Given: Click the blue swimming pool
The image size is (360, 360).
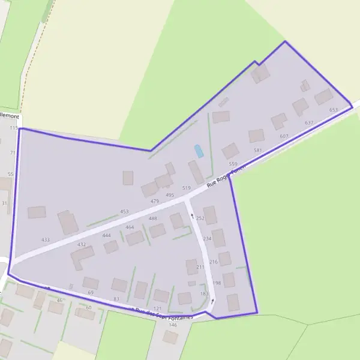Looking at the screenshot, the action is (199, 151).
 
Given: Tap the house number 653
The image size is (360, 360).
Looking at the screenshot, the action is (334, 110).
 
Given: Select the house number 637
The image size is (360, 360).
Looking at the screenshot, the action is (309, 122).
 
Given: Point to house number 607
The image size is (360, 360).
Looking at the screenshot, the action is (284, 136).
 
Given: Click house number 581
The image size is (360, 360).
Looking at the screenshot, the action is (258, 150).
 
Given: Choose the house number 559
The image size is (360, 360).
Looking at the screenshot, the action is (233, 164).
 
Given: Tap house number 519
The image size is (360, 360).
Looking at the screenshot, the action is (186, 188).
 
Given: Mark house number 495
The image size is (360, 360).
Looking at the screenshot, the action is (170, 195).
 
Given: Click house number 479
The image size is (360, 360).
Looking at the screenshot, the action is (155, 201).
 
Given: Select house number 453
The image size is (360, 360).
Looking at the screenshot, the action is (124, 211).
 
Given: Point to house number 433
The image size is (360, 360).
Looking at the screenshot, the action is (46, 239).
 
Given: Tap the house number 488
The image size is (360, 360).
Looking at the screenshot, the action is (153, 218).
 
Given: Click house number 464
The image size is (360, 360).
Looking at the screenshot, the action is (130, 227).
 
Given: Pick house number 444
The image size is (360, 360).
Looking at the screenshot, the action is (107, 235).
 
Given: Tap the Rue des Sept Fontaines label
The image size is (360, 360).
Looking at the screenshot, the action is (163, 313).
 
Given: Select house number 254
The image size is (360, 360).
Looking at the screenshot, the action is (200, 218).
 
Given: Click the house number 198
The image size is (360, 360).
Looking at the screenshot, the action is (217, 283).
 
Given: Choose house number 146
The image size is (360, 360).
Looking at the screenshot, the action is (173, 325).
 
